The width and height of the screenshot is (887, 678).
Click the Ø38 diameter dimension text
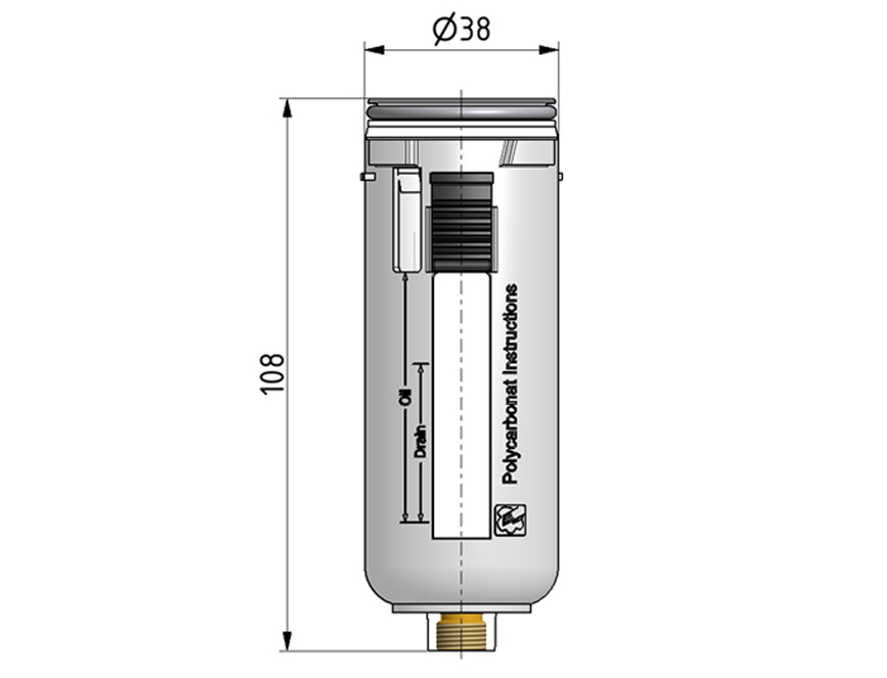click(x=461, y=30)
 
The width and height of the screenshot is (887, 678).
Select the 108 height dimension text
click(x=272, y=374)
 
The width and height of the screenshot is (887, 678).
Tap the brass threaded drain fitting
click(x=462, y=631)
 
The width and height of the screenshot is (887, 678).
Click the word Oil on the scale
click(x=405, y=398)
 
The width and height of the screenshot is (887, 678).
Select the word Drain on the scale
click(x=420, y=442)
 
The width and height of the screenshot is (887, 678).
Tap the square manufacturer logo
click(x=511, y=519)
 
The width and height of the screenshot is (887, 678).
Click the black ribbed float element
click(x=462, y=235)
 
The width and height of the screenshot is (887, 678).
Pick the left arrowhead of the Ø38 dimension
click(x=375, y=50)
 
